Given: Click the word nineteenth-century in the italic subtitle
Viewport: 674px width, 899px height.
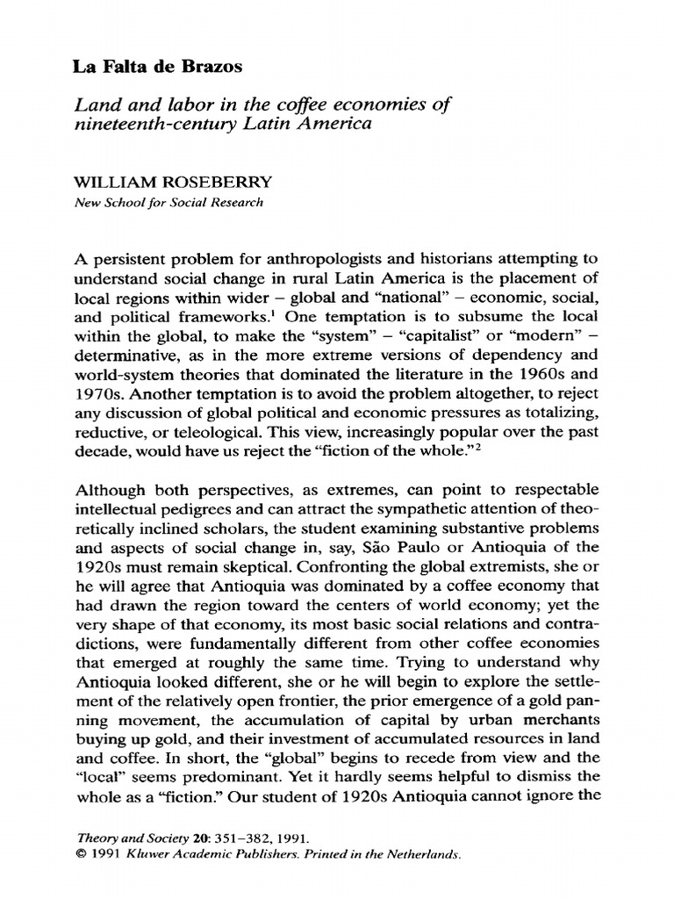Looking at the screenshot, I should (153, 125).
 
